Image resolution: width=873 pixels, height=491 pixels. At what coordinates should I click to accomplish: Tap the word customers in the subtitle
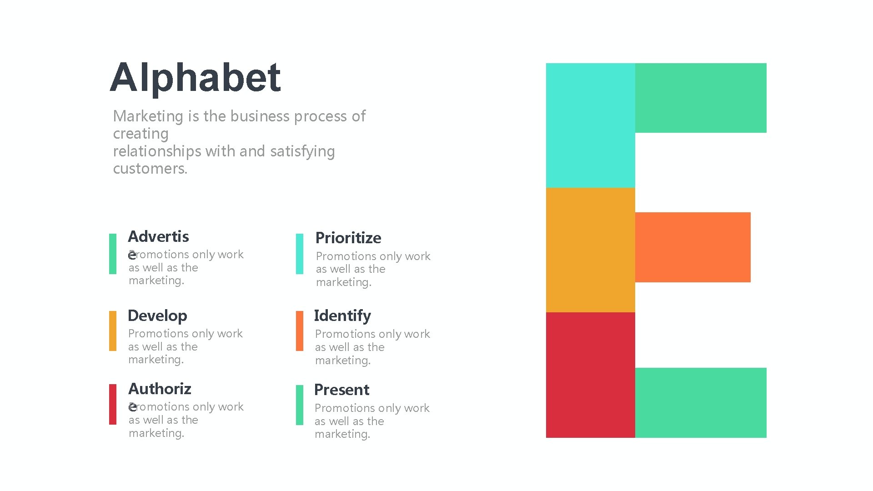[150, 169]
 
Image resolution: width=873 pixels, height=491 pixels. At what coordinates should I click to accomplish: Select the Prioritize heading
[348, 238]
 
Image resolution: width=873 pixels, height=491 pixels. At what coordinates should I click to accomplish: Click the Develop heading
[157, 316]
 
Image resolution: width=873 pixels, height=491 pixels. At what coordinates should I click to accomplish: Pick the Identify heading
[342, 316]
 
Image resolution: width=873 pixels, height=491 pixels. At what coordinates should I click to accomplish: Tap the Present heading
[341, 390]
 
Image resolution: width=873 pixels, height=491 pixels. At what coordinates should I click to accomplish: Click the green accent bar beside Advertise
[113, 254]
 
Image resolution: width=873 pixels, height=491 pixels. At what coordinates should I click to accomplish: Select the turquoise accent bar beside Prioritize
[300, 254]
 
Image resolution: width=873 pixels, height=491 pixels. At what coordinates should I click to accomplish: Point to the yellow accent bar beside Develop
[113, 331]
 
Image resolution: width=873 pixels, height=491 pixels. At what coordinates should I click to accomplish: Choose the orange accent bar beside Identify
[300, 331]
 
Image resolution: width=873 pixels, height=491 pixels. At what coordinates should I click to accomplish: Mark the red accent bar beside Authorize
[113, 404]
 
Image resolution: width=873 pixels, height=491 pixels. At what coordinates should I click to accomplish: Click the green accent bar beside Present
[300, 405]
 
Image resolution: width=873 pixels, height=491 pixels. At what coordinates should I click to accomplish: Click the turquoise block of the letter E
[590, 125]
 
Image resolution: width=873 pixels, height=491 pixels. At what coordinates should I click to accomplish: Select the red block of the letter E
[590, 375]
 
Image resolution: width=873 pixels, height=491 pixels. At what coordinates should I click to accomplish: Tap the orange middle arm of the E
[692, 247]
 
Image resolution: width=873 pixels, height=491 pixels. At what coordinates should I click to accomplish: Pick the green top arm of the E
[701, 98]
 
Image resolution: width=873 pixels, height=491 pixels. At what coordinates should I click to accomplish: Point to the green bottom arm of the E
[701, 403]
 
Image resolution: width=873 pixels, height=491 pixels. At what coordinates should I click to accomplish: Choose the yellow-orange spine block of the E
[590, 250]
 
